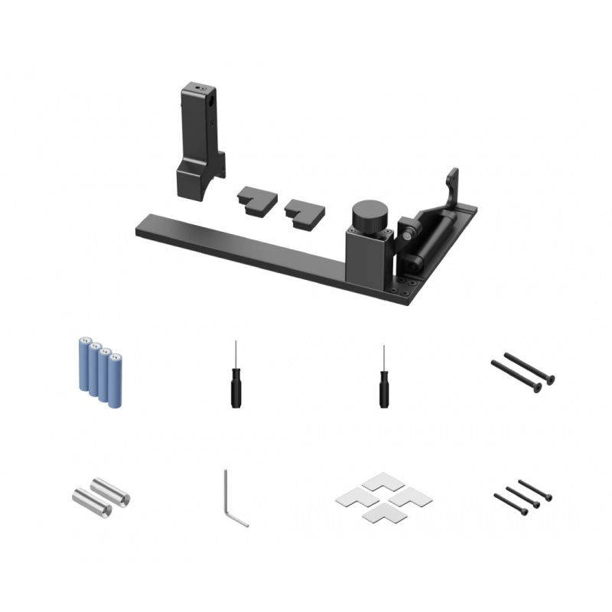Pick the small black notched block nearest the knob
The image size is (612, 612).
(x=304, y=214)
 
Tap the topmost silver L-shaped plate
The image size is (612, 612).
(x=379, y=482)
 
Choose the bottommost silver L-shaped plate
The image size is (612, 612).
(x=379, y=516)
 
